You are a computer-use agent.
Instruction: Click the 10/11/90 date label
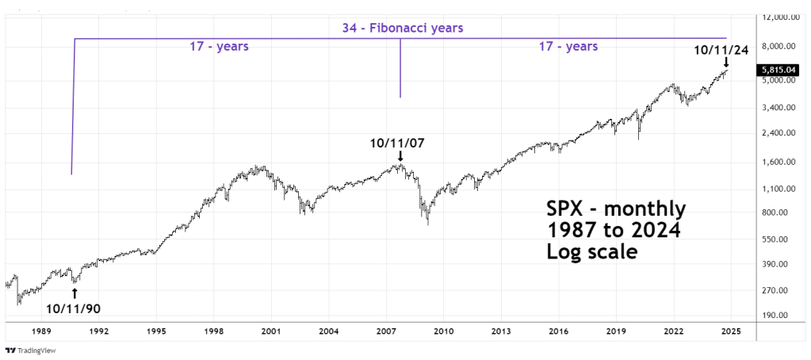coord(74,308)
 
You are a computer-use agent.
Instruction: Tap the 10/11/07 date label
coord(400,144)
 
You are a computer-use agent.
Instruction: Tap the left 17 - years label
coord(219,47)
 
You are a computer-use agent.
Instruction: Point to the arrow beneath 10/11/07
coord(400,158)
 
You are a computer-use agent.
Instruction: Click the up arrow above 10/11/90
coord(75,293)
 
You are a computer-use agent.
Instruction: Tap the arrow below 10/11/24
coord(725,63)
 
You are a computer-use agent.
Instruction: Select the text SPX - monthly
coord(615,210)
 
